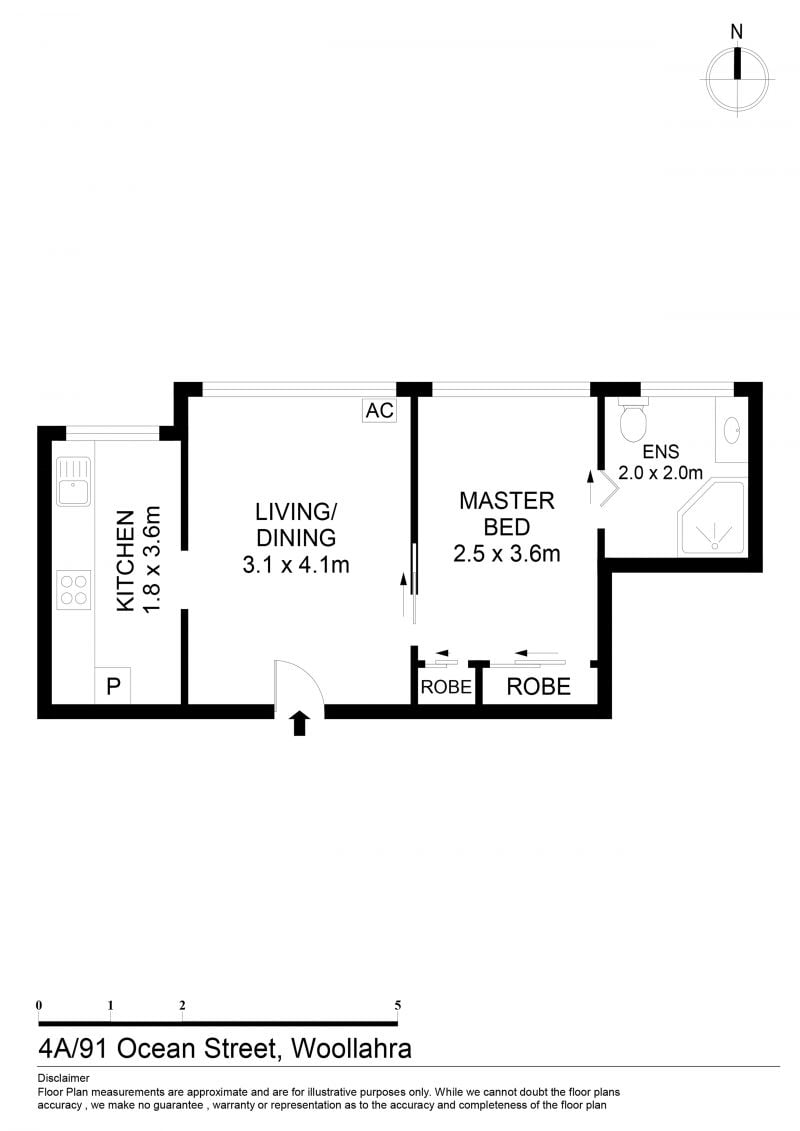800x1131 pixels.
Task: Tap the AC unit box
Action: click(x=379, y=410)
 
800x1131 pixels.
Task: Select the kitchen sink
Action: click(x=74, y=482)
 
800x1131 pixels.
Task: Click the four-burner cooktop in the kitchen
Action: click(x=74, y=589)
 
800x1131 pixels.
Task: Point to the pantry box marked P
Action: click(x=113, y=685)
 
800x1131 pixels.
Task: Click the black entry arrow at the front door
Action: click(x=300, y=723)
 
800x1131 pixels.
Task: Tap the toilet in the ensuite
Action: click(x=633, y=419)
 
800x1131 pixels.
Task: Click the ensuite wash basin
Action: click(x=731, y=430)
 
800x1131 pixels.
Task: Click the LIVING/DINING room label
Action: click(x=296, y=524)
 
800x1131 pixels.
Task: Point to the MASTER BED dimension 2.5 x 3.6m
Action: click(x=506, y=554)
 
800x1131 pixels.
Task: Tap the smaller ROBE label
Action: click(x=446, y=687)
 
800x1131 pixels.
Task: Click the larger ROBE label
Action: click(x=538, y=686)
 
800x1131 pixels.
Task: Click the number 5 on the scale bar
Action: click(x=397, y=1005)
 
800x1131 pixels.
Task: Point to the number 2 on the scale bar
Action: click(x=182, y=1005)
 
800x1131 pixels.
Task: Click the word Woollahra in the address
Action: click(x=351, y=1048)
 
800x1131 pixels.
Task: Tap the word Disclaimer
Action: click(x=63, y=1078)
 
